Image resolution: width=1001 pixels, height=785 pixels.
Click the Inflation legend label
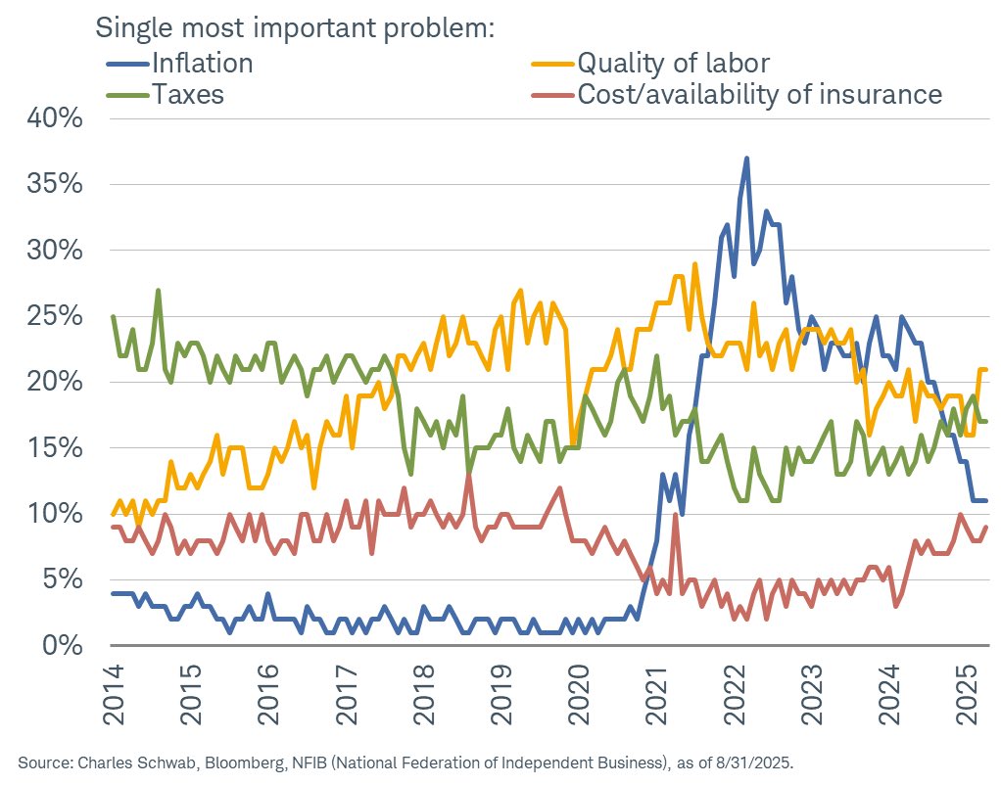pos(202,64)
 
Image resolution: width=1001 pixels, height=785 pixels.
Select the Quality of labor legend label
pos(673,64)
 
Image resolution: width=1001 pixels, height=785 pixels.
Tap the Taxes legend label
pos(188,94)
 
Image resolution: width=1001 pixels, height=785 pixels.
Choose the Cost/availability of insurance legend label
pos(759,94)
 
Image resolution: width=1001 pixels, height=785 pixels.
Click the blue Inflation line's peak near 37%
pos(746,158)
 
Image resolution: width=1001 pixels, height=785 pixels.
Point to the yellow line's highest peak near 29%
pos(694,263)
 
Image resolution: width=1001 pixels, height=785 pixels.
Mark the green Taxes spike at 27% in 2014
pos(158,290)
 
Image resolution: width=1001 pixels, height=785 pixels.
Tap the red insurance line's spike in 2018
pos(469,475)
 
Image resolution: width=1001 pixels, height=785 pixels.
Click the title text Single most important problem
pos(294,27)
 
